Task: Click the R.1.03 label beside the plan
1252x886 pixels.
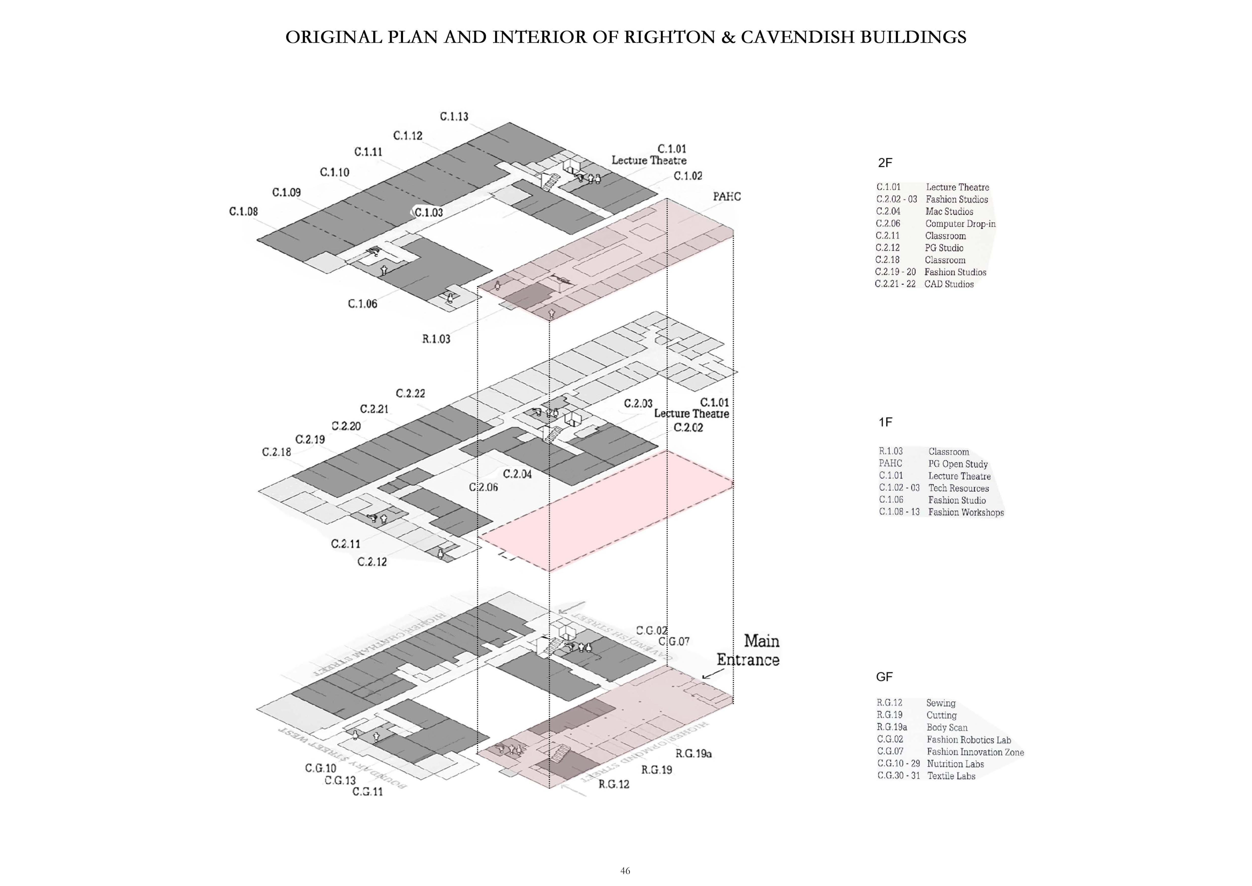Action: click(436, 339)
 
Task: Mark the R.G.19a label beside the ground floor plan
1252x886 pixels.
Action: click(694, 753)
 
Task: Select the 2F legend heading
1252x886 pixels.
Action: click(885, 163)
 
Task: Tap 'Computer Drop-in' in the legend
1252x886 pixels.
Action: click(960, 224)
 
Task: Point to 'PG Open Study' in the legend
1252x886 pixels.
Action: click(958, 464)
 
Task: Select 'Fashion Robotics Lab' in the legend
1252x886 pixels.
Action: click(968, 740)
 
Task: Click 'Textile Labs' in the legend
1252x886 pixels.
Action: click(951, 776)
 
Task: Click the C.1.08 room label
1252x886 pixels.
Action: click(243, 212)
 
